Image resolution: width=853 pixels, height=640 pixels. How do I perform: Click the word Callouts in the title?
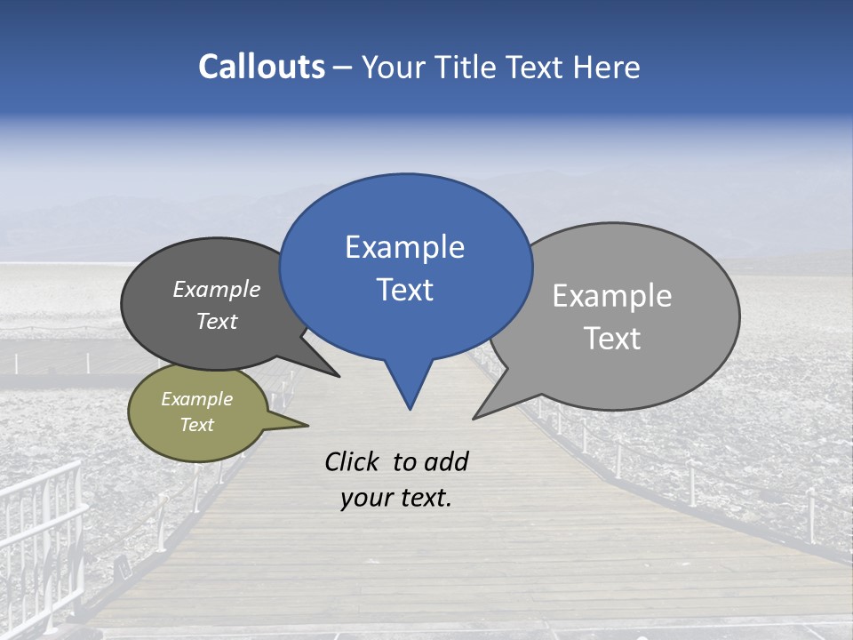tap(261, 67)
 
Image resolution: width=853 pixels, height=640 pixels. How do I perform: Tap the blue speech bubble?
tap(405, 267)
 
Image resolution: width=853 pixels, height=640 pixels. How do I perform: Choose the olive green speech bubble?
tap(197, 412)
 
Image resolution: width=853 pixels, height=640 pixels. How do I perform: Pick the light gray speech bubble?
tap(622, 316)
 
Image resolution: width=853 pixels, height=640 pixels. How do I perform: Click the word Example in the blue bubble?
tap(404, 247)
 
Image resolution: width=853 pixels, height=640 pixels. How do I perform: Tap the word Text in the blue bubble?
tap(404, 290)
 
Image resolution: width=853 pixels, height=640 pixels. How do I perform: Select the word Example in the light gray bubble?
tap(611, 296)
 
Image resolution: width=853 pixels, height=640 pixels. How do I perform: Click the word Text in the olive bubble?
tap(197, 425)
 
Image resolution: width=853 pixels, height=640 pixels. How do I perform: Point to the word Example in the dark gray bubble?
tap(216, 290)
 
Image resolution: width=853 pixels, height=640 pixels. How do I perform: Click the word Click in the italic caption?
tap(352, 461)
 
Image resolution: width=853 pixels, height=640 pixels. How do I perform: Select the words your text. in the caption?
tap(396, 498)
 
